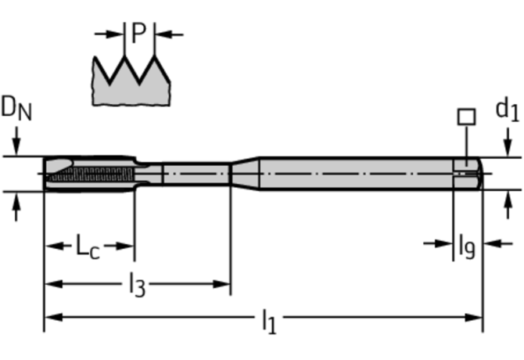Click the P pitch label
pos(138,33)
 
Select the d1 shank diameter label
pos(507,110)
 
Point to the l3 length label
pos(136,284)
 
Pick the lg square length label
pos(466,247)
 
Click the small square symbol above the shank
pos(465,117)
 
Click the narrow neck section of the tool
pos(196,172)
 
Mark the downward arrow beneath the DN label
pos(16,148)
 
